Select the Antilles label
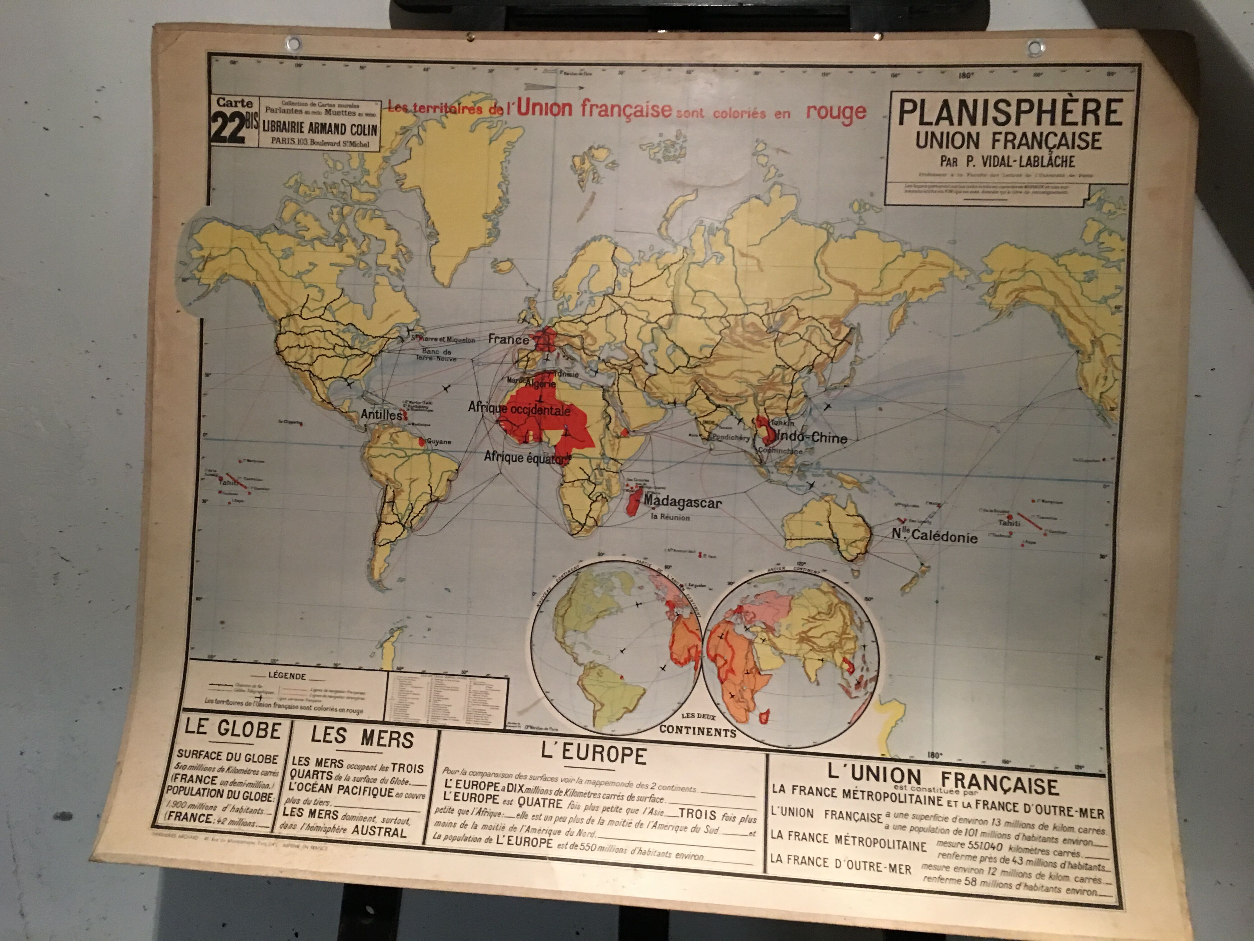pyautogui.click(x=382, y=414)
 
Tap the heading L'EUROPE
pyautogui.click(x=593, y=755)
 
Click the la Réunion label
pyautogui.click(x=670, y=517)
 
